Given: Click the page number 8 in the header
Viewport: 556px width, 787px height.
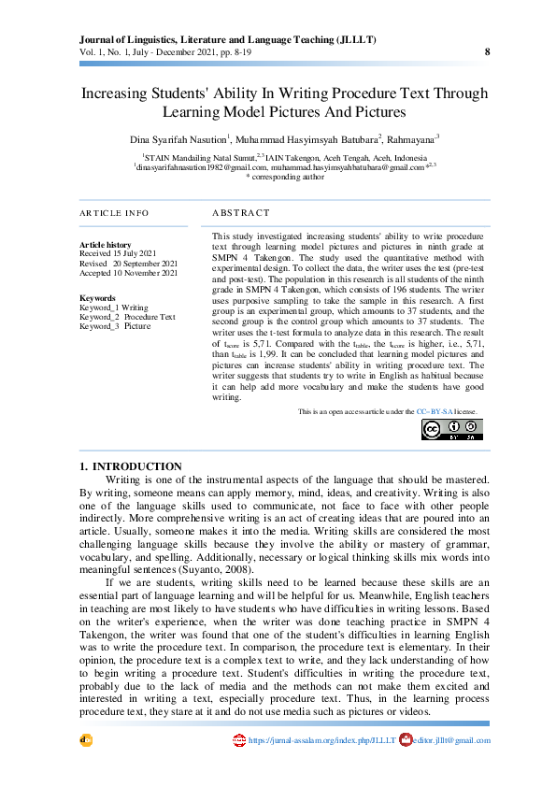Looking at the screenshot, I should pyautogui.click(x=487, y=52).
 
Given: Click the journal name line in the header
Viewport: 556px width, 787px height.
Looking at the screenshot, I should pyautogui.click(x=228, y=40).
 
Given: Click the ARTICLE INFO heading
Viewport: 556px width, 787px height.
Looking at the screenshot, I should pyautogui.click(x=114, y=214).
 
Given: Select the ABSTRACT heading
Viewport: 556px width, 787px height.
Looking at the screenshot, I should pyautogui.click(x=240, y=214).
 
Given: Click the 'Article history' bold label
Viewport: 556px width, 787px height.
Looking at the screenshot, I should pyautogui.click(x=106, y=245).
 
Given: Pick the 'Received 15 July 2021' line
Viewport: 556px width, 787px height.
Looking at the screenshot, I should pyautogui.click(x=118, y=253).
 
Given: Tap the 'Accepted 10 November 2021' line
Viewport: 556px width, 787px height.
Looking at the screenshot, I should pyautogui.click(x=128, y=273).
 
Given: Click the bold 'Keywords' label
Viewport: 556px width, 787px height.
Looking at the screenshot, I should pyautogui.click(x=98, y=298).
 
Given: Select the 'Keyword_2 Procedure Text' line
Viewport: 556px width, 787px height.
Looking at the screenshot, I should pyautogui.click(x=127, y=317).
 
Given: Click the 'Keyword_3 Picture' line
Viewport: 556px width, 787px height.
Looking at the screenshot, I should pyautogui.click(x=115, y=326).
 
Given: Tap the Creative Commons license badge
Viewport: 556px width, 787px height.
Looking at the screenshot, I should pyautogui.click(x=451, y=429).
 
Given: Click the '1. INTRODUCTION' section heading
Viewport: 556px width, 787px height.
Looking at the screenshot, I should pyautogui.click(x=130, y=466).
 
